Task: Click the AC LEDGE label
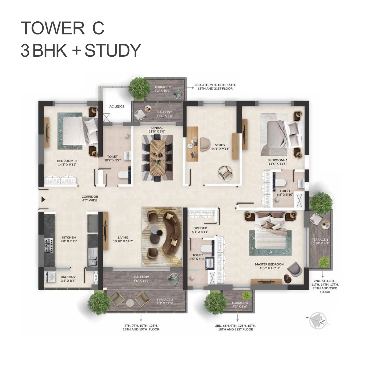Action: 117,106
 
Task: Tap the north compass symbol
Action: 317,320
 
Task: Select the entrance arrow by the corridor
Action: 43,199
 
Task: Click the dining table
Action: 158,158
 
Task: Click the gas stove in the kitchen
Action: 49,245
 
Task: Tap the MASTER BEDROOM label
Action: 269,264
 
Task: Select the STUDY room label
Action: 220,145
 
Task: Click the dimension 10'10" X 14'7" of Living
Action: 123,241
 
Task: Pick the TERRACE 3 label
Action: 165,299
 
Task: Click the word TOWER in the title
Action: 53,28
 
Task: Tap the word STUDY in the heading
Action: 113,50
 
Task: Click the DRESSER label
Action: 200,228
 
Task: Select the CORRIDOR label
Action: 90,197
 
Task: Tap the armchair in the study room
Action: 225,173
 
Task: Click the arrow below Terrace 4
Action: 237,318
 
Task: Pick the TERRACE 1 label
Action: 320,239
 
